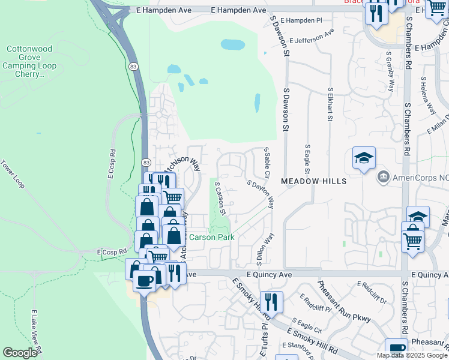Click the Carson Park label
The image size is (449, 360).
[x=211, y=237]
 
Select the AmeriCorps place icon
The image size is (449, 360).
[x=383, y=178]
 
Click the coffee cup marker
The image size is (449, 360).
[x=145, y=280]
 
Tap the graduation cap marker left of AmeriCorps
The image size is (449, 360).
[x=364, y=158]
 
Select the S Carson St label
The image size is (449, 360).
[x=220, y=199]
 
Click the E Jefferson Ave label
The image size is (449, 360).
[x=311, y=37]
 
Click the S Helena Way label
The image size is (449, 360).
[x=428, y=95]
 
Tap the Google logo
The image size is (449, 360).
[x=20, y=353]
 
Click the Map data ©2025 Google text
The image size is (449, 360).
[x=411, y=355]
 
